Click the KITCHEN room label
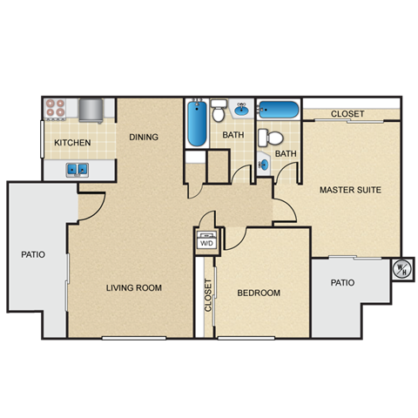[73, 143]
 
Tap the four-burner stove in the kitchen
[57, 109]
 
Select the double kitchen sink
[77, 170]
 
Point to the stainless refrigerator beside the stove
[91, 110]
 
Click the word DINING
[143, 137]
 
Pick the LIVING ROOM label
[134, 288]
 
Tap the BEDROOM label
[259, 293]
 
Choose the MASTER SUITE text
[350, 190]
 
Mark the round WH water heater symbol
[402, 268]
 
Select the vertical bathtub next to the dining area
[196, 125]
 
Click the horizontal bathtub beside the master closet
[279, 111]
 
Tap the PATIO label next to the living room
[33, 255]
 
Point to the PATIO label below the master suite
[342, 283]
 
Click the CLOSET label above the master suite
[347, 114]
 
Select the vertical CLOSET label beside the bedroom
[208, 296]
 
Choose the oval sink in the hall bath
[240, 111]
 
